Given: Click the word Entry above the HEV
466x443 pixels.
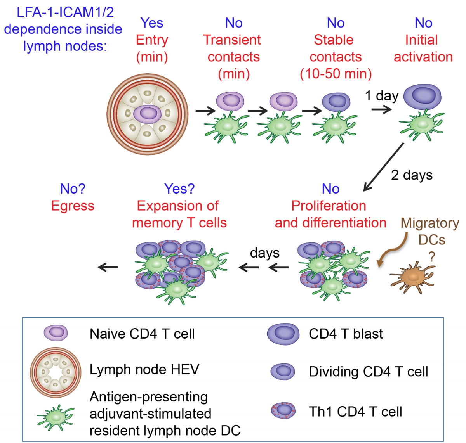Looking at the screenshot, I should coord(152,40).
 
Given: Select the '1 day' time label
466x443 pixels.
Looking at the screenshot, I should coord(381,95).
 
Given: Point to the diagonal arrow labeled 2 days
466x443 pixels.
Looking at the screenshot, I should coord(383,167).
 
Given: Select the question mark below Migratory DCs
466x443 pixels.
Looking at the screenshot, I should coord(431,256).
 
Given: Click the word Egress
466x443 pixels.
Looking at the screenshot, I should coord(73,206).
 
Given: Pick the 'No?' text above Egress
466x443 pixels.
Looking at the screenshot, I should coord(73,189).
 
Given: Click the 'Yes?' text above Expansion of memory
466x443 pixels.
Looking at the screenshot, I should coord(179,189).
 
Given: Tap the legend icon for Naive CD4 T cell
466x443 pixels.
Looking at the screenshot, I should coord(56,333).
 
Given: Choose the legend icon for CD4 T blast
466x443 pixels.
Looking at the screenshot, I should coord(283,334).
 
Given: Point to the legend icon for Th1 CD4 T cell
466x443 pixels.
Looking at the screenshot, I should coord(283,411).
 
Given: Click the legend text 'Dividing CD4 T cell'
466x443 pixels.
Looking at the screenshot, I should coord(368,372).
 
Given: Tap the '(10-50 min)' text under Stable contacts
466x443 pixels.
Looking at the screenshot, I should coord(336,74).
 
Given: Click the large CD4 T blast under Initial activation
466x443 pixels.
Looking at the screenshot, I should coord(422,97).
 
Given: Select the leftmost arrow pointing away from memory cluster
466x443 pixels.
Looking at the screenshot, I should coord(108,267).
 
